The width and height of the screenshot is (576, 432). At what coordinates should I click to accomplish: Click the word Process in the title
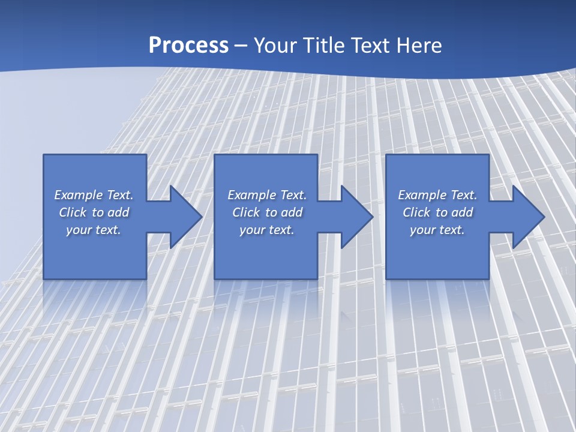click(x=188, y=46)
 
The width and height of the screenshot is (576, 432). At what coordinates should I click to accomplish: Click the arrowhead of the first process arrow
click(x=187, y=217)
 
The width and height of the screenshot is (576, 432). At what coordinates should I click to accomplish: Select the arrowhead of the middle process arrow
click(x=358, y=217)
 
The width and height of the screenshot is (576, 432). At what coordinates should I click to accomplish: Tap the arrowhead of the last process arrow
click(x=529, y=217)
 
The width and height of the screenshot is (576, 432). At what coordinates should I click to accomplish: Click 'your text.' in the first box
click(x=94, y=230)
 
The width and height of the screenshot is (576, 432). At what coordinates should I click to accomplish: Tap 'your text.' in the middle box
click(x=267, y=230)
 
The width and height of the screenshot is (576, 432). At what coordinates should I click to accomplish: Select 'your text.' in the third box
click(x=437, y=230)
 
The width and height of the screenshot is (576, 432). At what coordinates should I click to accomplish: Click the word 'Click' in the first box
click(x=73, y=212)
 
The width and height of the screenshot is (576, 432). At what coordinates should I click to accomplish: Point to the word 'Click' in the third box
click(x=416, y=212)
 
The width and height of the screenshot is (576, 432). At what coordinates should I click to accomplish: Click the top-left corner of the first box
click(x=44, y=155)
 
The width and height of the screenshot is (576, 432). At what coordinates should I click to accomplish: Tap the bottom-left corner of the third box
click(x=386, y=278)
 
